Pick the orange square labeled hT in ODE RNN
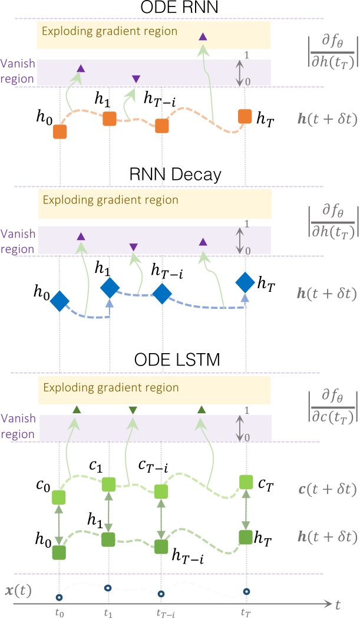[245, 117]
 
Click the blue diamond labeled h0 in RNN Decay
[60, 301]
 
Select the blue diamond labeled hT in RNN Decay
[245, 283]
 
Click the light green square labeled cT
[245, 482]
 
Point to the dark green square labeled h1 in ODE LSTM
[108, 539]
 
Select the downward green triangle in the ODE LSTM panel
[133, 410]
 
